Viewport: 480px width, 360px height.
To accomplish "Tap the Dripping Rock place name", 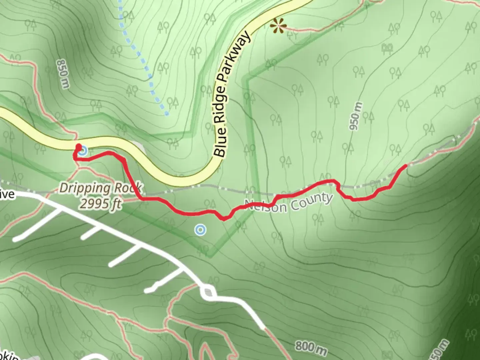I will click(x=100, y=189).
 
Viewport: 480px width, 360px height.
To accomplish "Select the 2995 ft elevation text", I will click(x=100, y=203).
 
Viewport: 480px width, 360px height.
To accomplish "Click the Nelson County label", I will click(x=289, y=203).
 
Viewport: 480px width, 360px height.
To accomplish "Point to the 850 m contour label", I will click(x=63, y=74).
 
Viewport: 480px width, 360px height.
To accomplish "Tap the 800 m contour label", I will click(x=311, y=348).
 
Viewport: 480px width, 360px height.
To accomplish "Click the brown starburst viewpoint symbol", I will click(x=278, y=26).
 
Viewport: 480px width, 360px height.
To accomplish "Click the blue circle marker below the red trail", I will click(x=200, y=230).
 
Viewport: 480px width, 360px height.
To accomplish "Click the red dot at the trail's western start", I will click(x=79, y=146).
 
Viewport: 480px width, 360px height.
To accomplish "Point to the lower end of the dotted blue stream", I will click(x=167, y=114).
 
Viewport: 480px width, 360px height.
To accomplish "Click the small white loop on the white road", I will click(x=208, y=292).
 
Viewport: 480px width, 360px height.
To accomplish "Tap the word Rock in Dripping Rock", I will click(x=126, y=189).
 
